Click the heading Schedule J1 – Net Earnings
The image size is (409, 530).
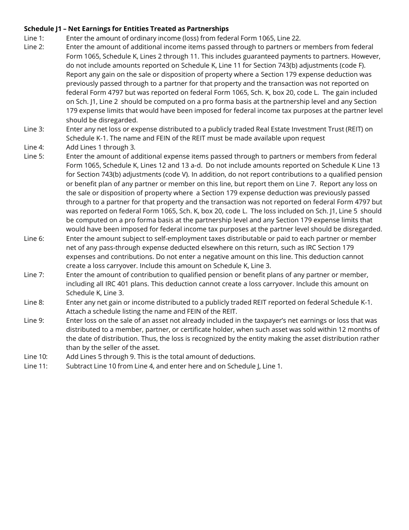[x=126, y=29]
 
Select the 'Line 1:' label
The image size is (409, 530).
[x=34, y=38]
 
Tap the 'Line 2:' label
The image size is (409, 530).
[x=34, y=47]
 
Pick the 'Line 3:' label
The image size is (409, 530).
[x=34, y=129]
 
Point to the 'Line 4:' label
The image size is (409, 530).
[x=34, y=147]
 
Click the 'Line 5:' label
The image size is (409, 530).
[x=34, y=156]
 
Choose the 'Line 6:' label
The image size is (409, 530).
[x=34, y=238]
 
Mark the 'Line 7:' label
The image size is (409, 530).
[x=34, y=275]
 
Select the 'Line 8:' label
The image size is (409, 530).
[x=34, y=302]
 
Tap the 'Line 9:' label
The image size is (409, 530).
[x=34, y=321]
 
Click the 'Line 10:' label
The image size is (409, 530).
[x=35, y=357]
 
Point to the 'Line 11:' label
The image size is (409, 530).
[x=35, y=366]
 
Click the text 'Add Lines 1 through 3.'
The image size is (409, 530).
[x=101, y=147]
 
